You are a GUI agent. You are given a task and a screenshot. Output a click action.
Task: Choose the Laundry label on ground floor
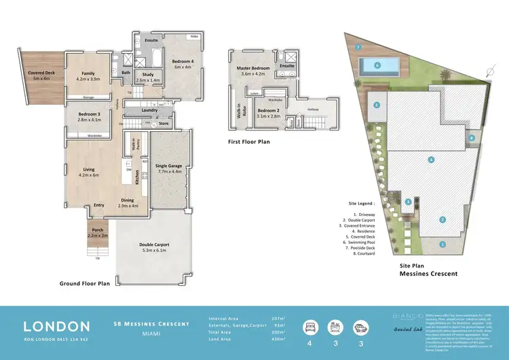click(149, 109)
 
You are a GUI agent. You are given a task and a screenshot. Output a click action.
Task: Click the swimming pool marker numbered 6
click(377, 65)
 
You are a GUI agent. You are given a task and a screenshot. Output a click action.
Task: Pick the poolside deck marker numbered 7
click(357, 47)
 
